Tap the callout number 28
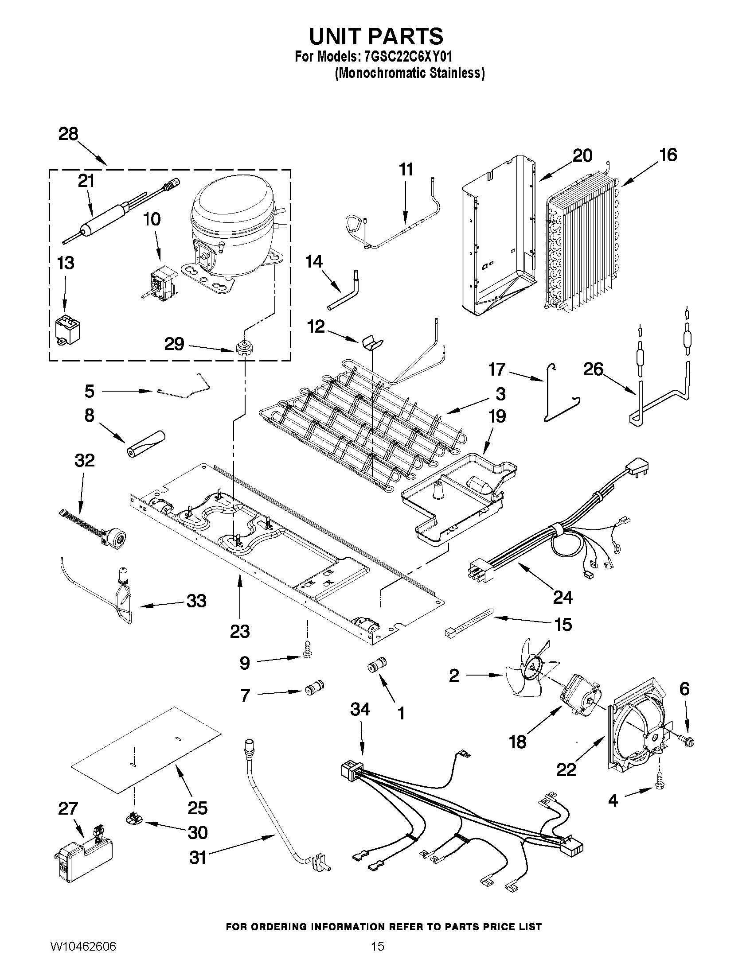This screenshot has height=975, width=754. (68, 134)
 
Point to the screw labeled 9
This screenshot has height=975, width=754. (307, 652)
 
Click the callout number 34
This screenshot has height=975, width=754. (360, 709)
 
